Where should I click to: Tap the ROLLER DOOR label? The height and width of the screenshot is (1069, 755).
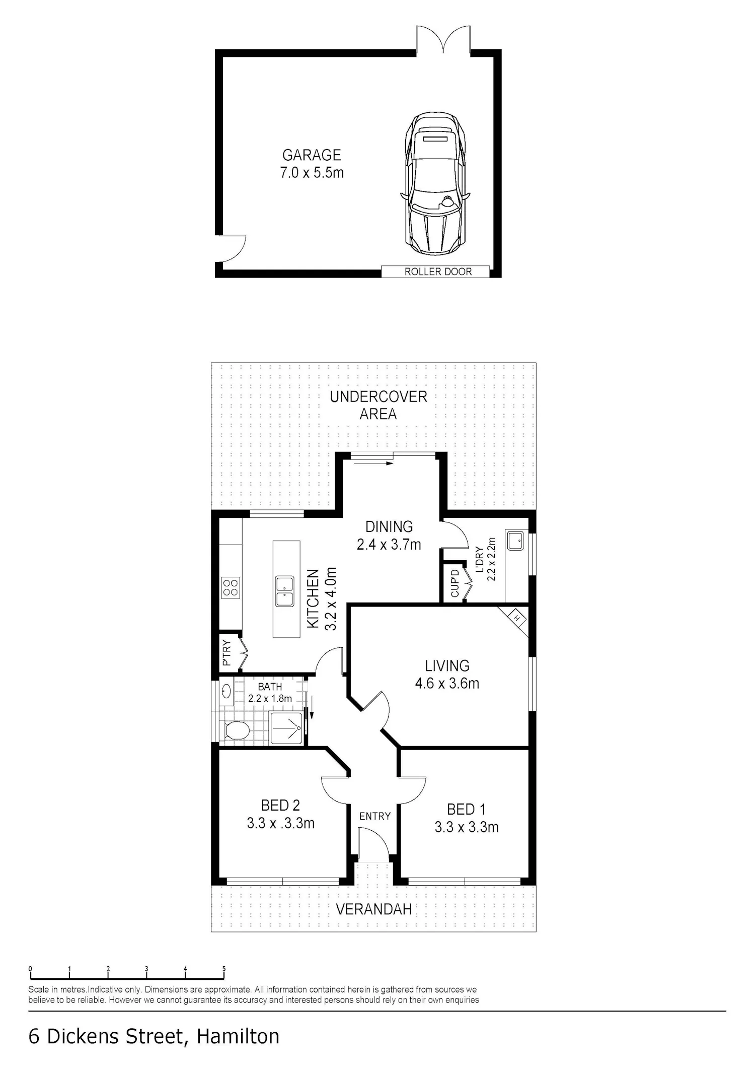[x=438, y=272]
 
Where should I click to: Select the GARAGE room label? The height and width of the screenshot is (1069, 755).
[x=312, y=155]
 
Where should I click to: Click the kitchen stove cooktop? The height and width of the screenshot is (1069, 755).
[x=231, y=587]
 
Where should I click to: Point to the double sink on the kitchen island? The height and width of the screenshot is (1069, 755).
[x=285, y=591]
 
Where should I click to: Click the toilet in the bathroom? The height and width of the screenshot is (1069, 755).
[x=236, y=730]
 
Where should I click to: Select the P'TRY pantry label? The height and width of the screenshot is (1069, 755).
[x=226, y=653]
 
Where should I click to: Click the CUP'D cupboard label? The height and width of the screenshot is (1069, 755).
[x=455, y=583]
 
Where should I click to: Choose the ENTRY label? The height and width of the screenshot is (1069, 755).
[x=375, y=816]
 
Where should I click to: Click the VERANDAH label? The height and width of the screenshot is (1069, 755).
[x=373, y=909]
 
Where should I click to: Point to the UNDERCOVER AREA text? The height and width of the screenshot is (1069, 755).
[x=379, y=405]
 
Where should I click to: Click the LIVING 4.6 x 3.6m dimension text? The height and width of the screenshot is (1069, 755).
[x=447, y=684]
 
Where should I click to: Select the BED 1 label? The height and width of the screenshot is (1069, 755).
[x=467, y=810]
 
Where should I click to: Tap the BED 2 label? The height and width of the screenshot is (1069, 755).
[x=280, y=806]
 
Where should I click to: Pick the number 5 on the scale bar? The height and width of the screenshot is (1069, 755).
[x=224, y=969]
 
